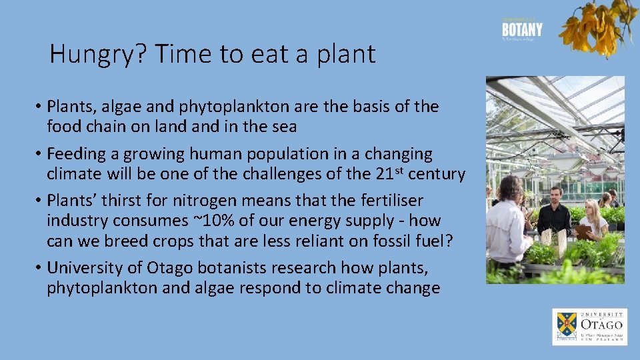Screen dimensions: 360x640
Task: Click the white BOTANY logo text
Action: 522,30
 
